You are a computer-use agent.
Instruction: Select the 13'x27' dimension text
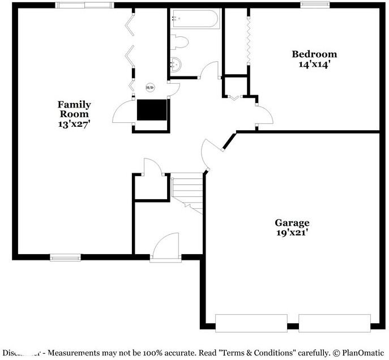tap(74, 122)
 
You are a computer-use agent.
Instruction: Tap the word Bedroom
tap(314, 54)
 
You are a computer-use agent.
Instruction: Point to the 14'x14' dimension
tap(314, 65)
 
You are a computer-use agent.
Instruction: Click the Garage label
tap(292, 222)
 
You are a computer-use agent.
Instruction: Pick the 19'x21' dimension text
tap(292, 232)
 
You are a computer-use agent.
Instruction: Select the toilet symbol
tap(180, 42)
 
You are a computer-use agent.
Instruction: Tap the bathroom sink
tap(177, 65)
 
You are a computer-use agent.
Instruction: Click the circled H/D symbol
tap(150, 87)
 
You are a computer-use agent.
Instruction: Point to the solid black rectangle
tap(152, 110)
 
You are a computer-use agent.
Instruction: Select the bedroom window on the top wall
tap(315, 5)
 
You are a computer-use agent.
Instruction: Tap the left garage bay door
tap(251, 324)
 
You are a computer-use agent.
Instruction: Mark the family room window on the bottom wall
tap(66, 258)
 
